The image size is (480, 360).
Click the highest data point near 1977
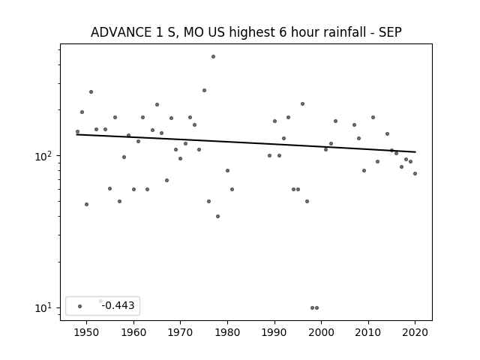213,57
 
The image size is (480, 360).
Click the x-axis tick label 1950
87,332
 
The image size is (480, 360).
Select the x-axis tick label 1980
227,332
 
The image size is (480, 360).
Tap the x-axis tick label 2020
415,332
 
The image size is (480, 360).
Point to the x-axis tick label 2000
322,332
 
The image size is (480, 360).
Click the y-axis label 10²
43,156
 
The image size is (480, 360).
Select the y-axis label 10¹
43,307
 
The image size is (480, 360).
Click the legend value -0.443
118,305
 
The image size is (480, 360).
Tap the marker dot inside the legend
80,306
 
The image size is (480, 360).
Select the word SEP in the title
390,32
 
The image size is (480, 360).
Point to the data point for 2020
415,173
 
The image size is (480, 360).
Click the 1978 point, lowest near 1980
218,217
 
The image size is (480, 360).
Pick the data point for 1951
91,91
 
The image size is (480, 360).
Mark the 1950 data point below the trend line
87,204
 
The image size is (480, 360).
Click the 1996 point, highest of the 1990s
302,103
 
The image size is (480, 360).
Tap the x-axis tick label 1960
133,332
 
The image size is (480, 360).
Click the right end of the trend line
415,151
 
